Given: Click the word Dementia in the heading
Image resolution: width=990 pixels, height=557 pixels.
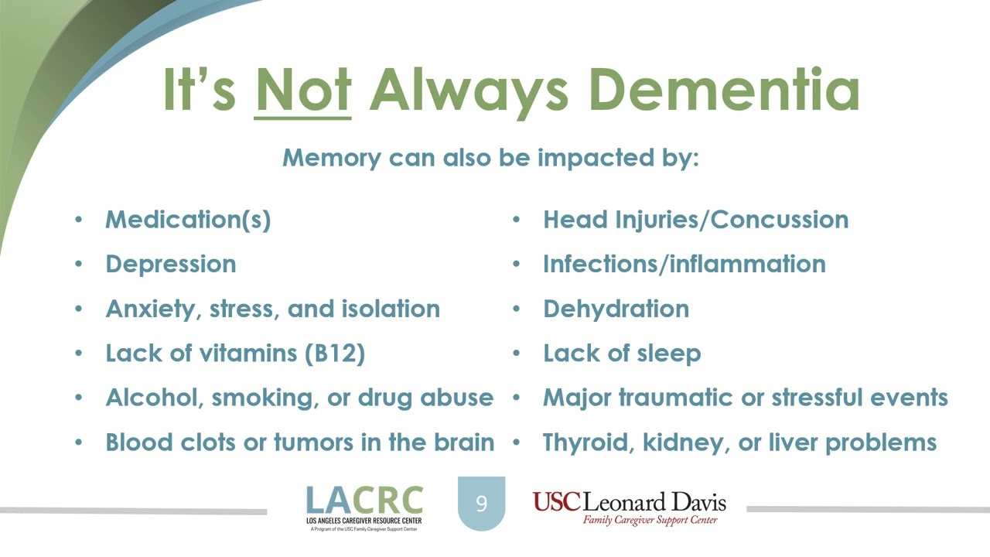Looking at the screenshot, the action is (725, 90).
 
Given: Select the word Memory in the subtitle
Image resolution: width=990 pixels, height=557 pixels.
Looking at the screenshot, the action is (332, 158).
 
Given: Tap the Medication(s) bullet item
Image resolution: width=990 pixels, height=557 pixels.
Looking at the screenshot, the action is (188, 220).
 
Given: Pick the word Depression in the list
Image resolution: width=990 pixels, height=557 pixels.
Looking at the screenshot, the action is (171, 265).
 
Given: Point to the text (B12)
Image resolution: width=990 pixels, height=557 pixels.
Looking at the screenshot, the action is (335, 354).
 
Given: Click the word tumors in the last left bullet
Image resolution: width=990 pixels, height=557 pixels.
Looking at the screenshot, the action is (314, 442).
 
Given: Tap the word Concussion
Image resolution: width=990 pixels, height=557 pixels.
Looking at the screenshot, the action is (780, 220).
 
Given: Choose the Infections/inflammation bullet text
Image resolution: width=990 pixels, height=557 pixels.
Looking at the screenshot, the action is (684, 264).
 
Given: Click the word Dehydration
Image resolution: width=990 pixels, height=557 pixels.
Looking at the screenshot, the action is (616, 309).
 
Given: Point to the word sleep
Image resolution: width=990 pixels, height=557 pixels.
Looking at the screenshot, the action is (669, 354).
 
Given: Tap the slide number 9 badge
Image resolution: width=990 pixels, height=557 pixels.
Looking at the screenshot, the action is (481, 503).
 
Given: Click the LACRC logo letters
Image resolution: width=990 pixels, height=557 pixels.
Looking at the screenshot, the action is (364, 500).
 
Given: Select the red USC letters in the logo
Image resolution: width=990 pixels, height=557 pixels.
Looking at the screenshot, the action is (556, 502).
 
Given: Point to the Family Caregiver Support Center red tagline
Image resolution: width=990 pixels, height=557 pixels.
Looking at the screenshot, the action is (650, 520).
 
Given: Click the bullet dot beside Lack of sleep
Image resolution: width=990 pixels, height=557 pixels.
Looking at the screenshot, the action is (516, 354).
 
